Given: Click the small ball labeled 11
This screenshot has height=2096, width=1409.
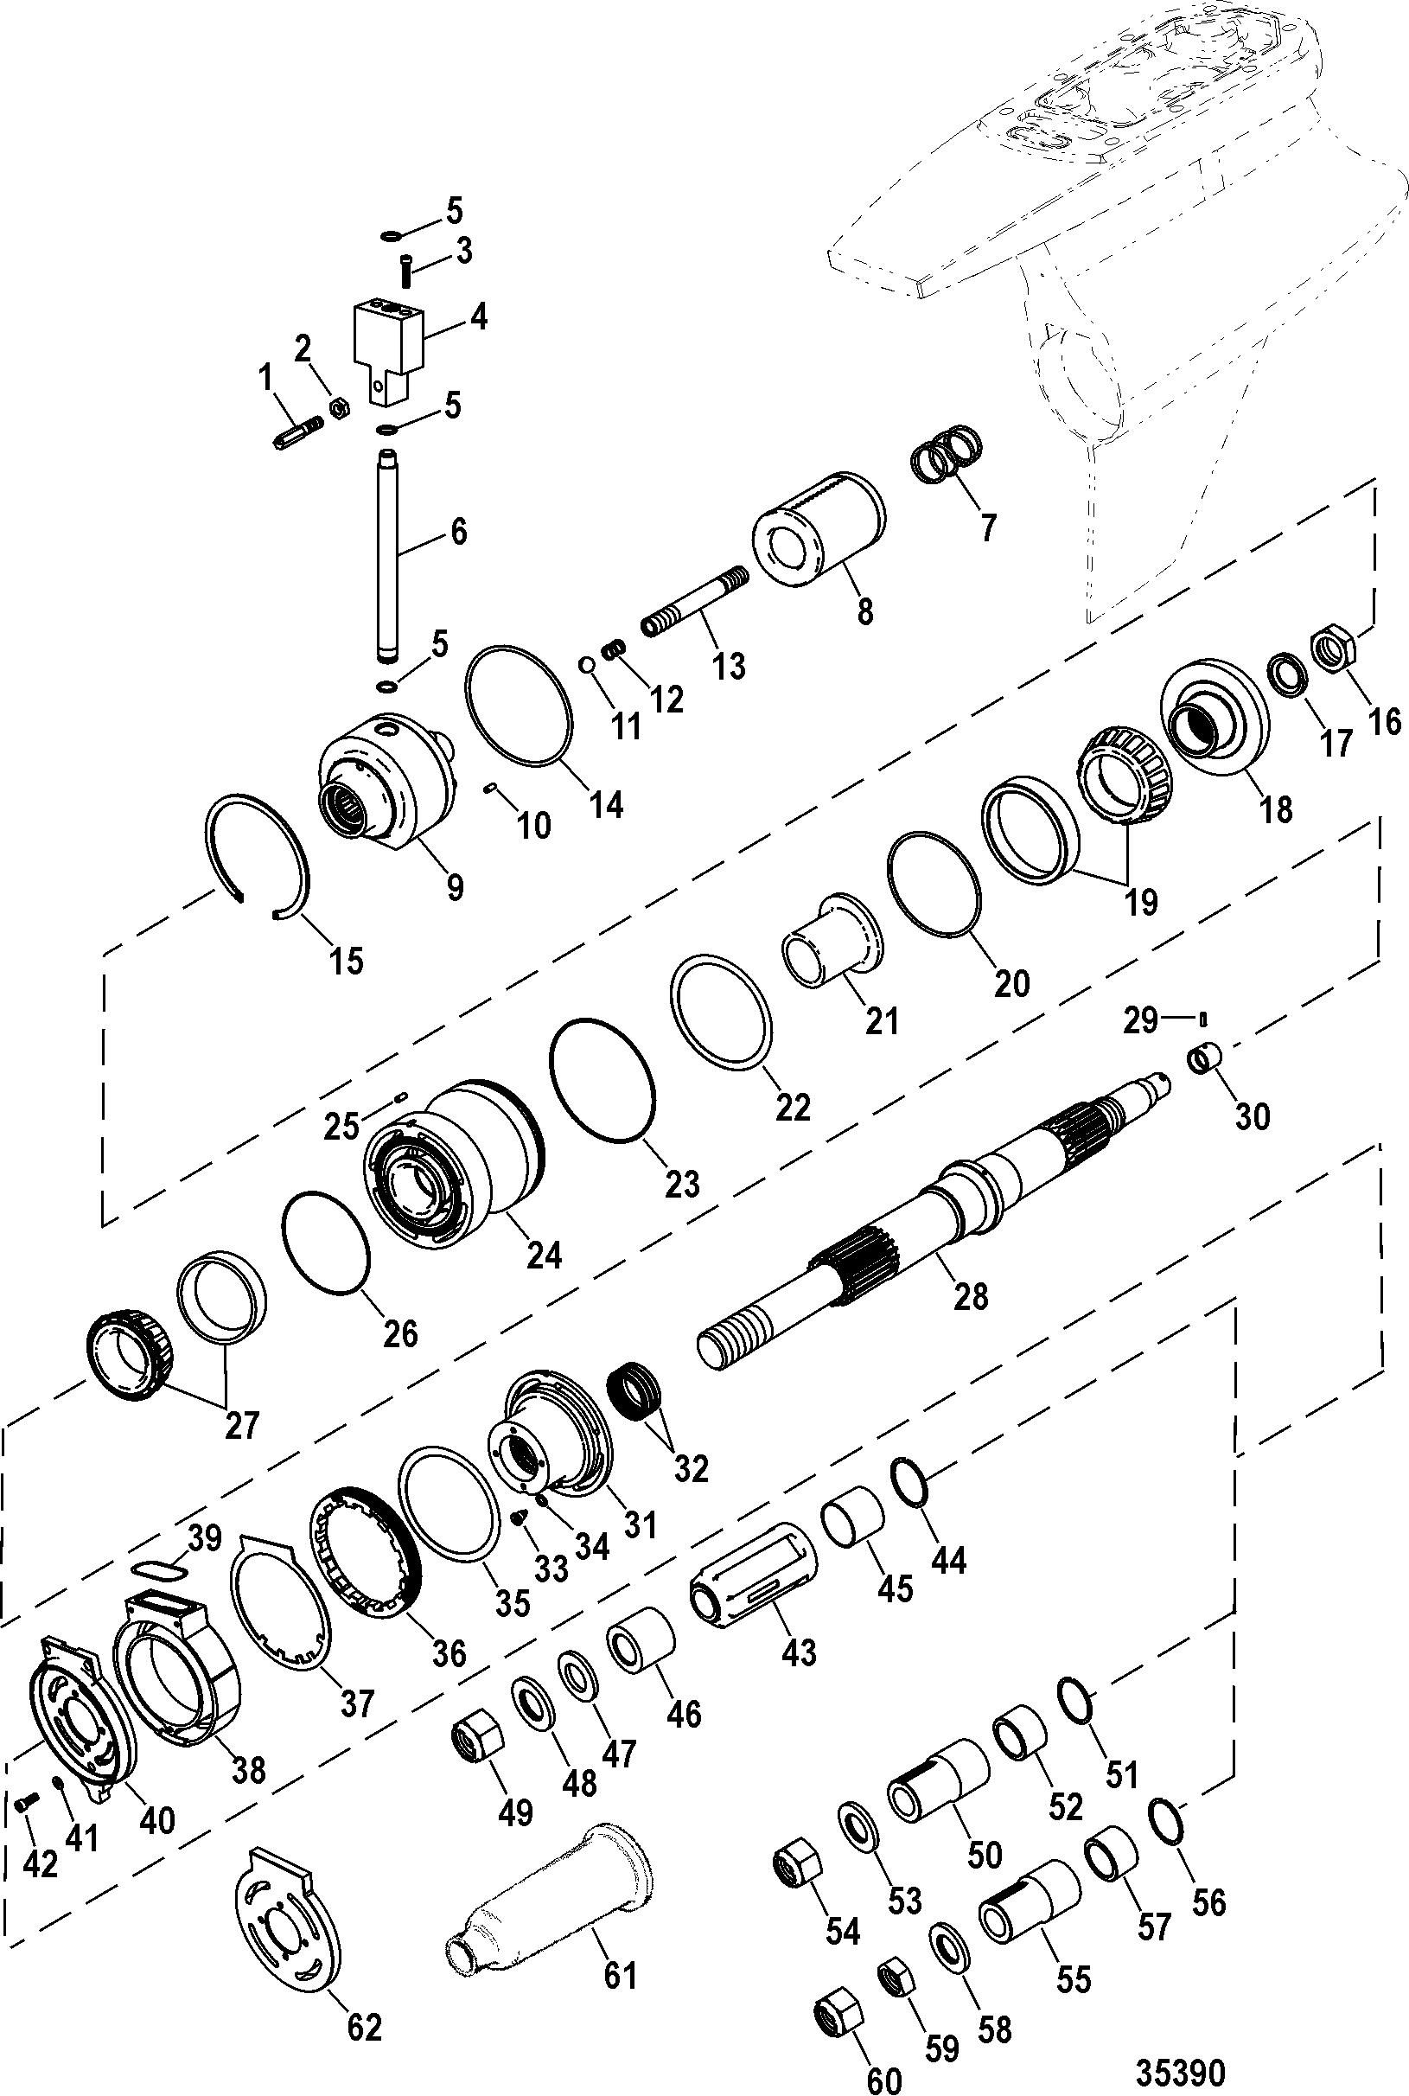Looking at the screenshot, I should coord(586,664).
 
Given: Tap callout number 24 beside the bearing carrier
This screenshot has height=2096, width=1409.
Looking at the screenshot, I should coord(545,1254).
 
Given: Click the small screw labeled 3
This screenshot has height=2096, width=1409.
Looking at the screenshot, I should coord(405,269).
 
